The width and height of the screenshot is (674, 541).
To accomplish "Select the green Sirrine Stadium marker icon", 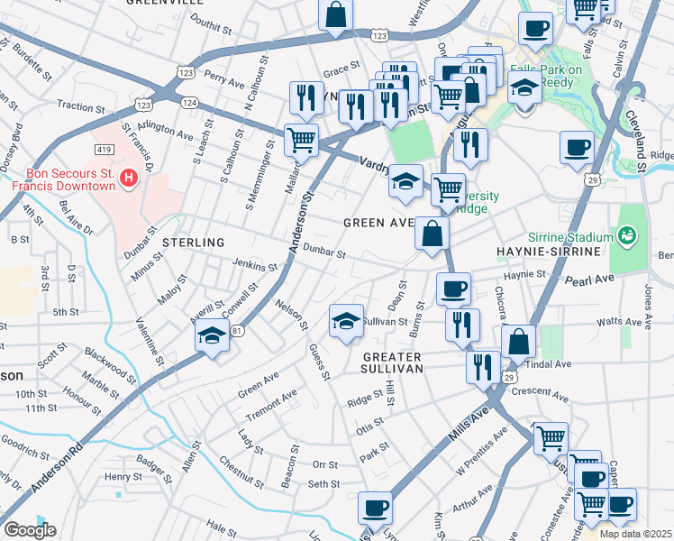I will point(628,236).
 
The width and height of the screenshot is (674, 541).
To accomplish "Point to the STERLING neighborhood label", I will point(193,243).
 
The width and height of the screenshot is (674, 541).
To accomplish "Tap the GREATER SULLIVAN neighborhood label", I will point(392,362).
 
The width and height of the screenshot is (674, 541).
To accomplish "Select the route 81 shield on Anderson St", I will point(237,331).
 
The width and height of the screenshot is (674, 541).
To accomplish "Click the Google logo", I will point(30,530).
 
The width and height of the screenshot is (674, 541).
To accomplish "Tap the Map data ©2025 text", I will point(636,534).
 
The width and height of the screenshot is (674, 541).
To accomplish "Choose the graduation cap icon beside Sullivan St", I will point(346,323).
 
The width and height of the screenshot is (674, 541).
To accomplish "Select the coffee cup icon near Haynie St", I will point(453,289).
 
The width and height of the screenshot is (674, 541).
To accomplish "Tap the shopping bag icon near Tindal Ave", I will point(519,342).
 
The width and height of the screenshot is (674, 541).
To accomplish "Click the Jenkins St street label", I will point(255,266).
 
